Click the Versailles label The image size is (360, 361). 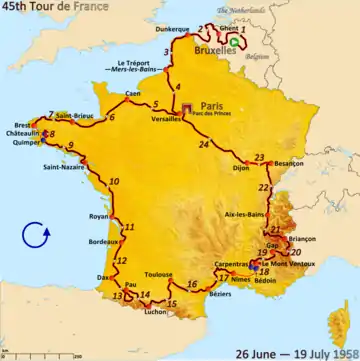(167, 117)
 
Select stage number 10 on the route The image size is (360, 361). (115, 181)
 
